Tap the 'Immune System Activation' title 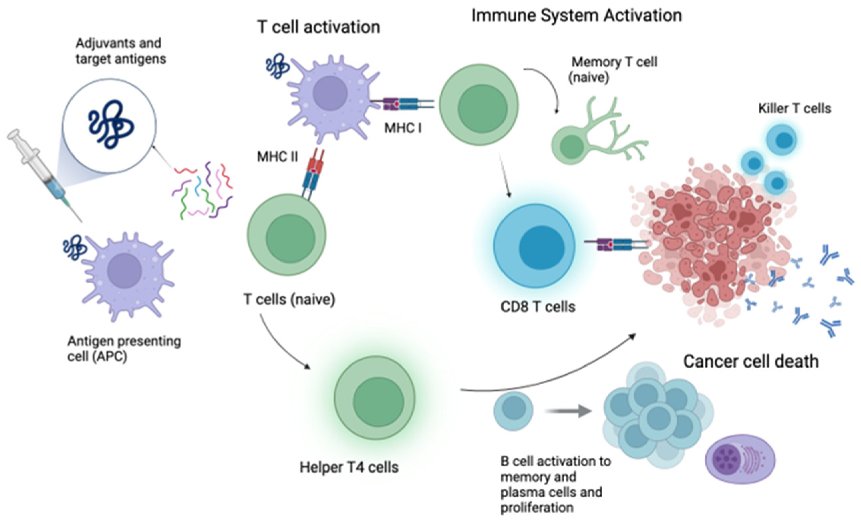tap(576, 16)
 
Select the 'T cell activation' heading tap(318, 27)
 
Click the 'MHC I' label tap(403, 128)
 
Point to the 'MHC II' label tap(277, 157)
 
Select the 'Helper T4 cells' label tap(349, 467)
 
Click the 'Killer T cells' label tap(794, 108)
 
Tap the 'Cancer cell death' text tap(751, 361)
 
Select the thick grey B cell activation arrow tap(568, 411)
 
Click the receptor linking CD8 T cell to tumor tap(615, 244)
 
